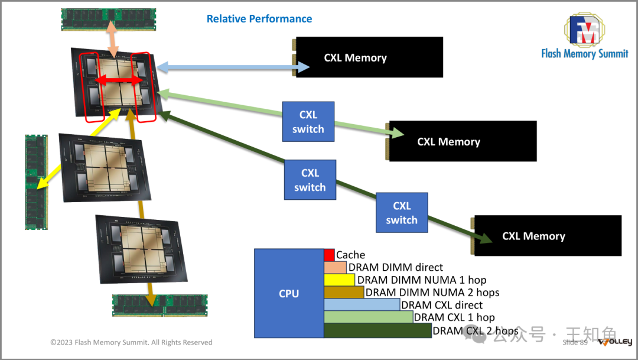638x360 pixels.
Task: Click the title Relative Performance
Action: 259,19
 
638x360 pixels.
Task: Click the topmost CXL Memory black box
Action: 369,57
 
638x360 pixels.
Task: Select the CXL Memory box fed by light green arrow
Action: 463,141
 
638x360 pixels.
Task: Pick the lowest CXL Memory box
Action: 548,235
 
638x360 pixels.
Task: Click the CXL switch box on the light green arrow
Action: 308,122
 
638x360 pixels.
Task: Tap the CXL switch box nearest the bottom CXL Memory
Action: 402,213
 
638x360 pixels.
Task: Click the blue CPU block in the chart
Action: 289,293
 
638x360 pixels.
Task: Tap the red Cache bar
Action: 329,255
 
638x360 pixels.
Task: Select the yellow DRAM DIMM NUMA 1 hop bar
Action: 339,280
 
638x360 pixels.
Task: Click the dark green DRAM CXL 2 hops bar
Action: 378,331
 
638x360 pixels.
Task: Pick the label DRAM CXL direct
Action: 441,305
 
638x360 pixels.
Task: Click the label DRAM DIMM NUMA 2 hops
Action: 432,292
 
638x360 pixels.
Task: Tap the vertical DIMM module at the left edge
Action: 36,181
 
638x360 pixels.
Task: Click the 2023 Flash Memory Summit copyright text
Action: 131,342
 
